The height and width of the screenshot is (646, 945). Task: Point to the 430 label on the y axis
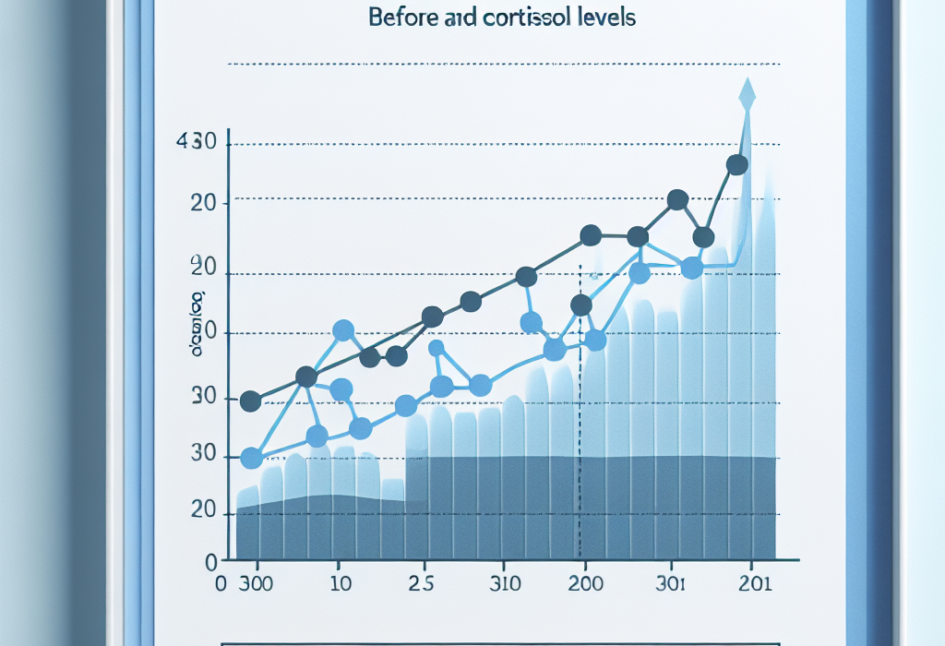click(x=195, y=143)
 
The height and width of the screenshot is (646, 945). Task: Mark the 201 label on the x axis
click(x=755, y=583)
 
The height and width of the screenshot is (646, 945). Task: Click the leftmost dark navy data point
click(x=250, y=401)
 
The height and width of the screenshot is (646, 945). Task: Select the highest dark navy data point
click(x=736, y=165)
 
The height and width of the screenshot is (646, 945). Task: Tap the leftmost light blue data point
click(x=250, y=459)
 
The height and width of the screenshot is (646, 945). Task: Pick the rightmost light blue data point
click(x=692, y=268)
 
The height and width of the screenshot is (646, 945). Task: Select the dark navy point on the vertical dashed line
click(x=580, y=305)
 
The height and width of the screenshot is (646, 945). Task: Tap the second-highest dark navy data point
click(x=677, y=199)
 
